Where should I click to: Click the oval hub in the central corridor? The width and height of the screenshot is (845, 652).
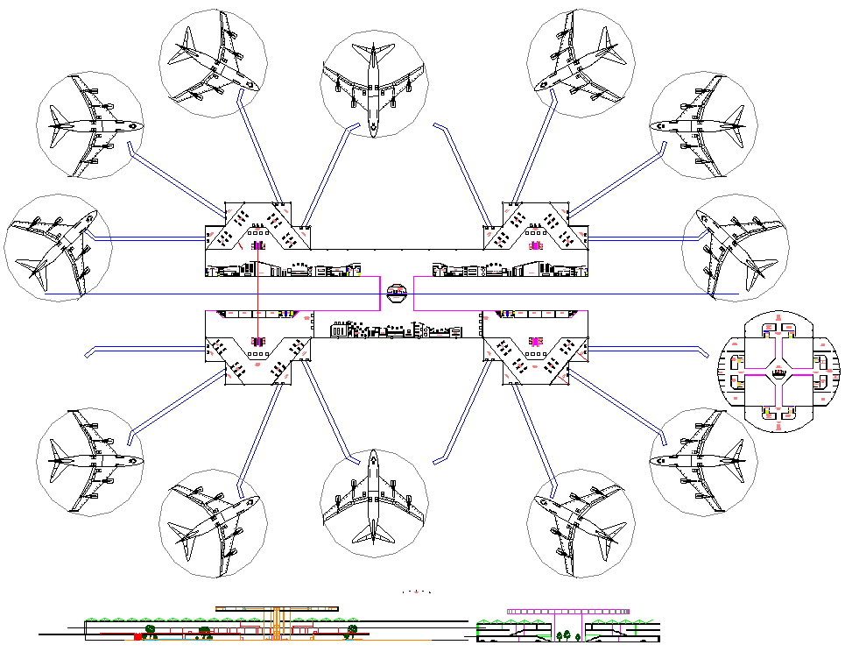click(397, 292)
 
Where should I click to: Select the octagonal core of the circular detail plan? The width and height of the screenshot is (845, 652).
click(778, 372)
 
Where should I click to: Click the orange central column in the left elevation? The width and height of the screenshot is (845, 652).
click(277, 621)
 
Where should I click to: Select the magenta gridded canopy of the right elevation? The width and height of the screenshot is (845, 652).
click(567, 610)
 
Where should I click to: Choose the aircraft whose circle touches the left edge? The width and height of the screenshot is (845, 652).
click(56, 248)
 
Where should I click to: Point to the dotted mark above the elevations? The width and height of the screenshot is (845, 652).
click(418, 592)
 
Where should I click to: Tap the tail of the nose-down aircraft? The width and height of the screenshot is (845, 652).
click(374, 51)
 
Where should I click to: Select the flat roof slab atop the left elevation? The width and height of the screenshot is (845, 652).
click(277, 608)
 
